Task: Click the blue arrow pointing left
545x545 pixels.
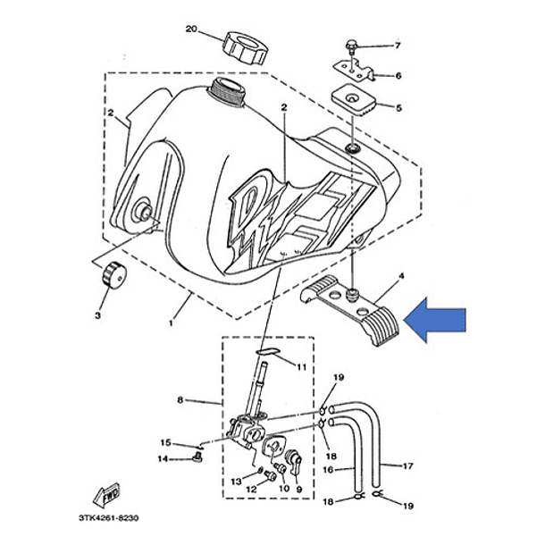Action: [437, 321]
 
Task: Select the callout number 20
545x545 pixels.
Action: [190, 29]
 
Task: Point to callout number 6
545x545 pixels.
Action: [398, 77]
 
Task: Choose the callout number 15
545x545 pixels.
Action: [165, 442]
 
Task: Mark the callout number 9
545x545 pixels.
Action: [298, 490]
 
